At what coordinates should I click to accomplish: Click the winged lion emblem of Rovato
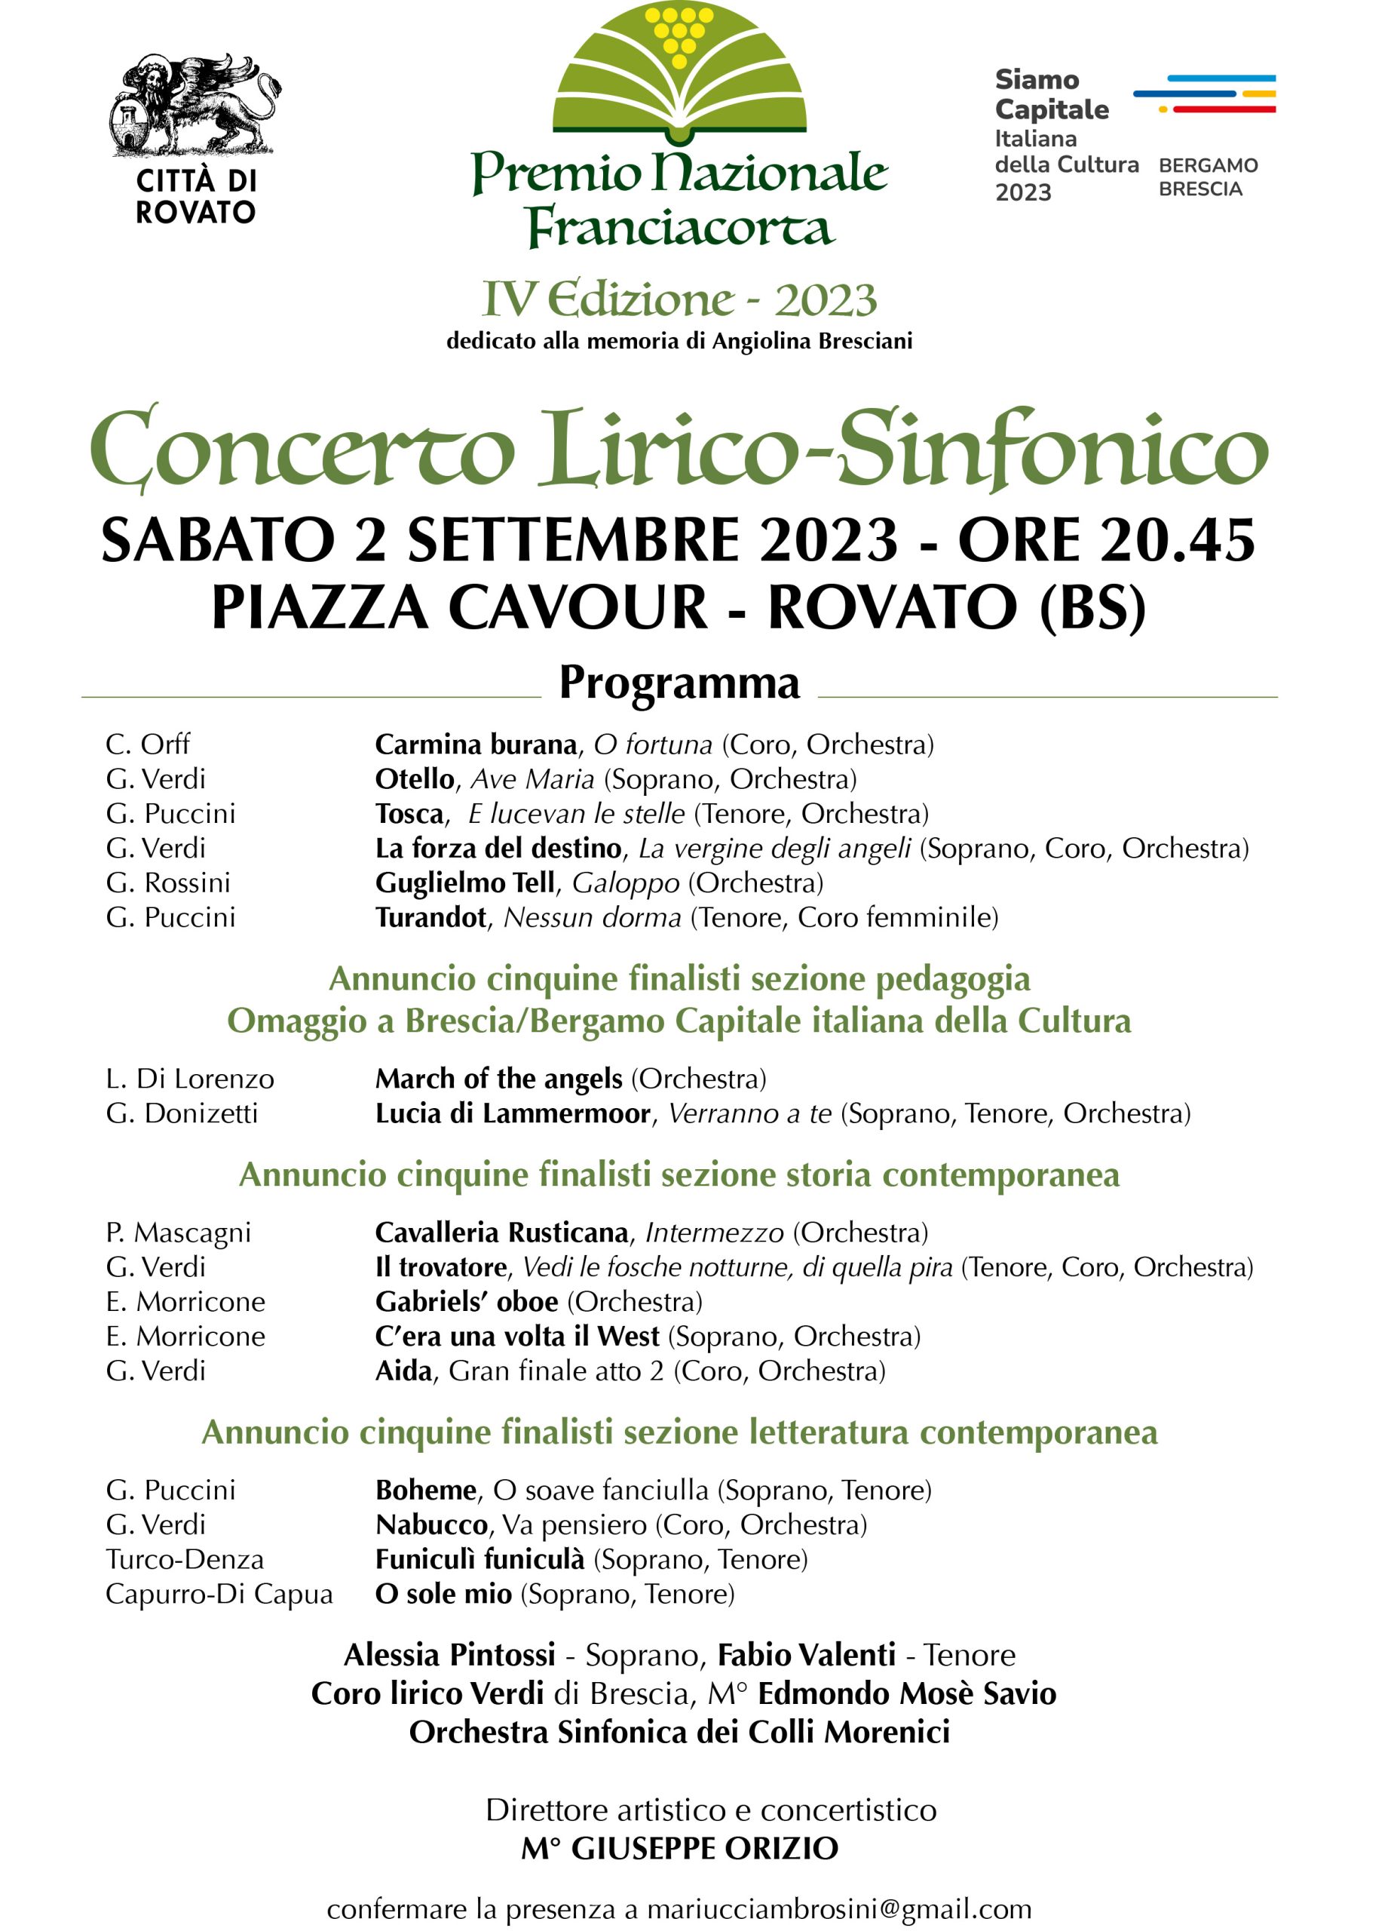point(195,105)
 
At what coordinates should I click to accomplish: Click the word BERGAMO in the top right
point(1208,165)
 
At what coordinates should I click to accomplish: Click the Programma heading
point(679,683)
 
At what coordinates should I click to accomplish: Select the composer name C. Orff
point(147,744)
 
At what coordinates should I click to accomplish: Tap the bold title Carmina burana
point(476,745)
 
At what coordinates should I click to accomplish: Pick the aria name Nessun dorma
point(593,918)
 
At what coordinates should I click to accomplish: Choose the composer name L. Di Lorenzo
point(190,1079)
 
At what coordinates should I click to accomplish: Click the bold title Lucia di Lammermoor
point(513,1113)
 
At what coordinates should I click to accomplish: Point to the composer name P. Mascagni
point(179,1232)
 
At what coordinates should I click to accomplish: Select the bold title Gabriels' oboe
point(467,1302)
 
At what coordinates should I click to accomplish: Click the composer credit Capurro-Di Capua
point(219,1594)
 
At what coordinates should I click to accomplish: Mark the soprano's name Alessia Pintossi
point(449,1655)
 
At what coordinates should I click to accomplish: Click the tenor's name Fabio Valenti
point(806,1655)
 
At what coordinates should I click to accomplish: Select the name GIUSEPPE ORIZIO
point(705,1849)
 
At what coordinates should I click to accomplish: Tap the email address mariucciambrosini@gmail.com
point(838,1910)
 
